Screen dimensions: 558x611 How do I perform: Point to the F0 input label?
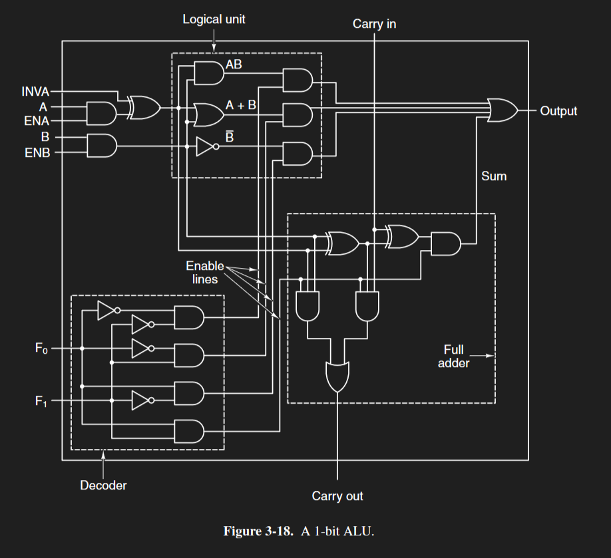[x=41, y=348]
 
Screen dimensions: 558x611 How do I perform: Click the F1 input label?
[x=41, y=401]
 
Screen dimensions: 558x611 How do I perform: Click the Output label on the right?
[x=558, y=111]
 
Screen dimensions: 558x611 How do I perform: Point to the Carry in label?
[x=374, y=25]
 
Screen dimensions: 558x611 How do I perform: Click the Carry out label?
[x=337, y=496]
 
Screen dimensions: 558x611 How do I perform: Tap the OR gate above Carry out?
[x=337, y=376]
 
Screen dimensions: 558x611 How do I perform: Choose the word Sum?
[x=494, y=176]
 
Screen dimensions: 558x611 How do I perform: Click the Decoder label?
[x=103, y=486]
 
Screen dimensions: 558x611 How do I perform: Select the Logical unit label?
[x=214, y=19]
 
